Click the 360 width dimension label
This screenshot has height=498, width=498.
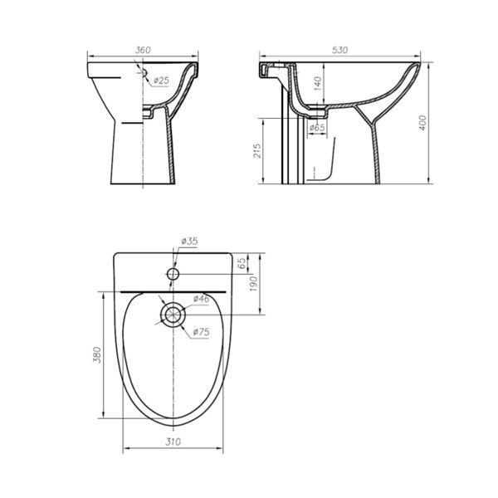pyautogui.click(x=143, y=50)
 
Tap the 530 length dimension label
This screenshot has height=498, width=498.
pyautogui.click(x=340, y=50)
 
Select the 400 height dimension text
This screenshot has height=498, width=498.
pyautogui.click(x=422, y=122)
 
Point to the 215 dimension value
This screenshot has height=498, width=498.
pyautogui.click(x=257, y=150)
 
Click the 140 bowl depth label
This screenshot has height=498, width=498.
pyautogui.click(x=318, y=84)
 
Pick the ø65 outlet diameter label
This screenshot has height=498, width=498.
pyautogui.click(x=317, y=127)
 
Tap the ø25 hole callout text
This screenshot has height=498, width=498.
pyautogui.click(x=161, y=81)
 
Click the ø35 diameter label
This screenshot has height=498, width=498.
pyautogui.click(x=189, y=241)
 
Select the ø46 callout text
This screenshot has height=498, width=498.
pyautogui.click(x=202, y=299)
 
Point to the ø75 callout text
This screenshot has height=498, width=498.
pyautogui.click(x=202, y=332)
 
